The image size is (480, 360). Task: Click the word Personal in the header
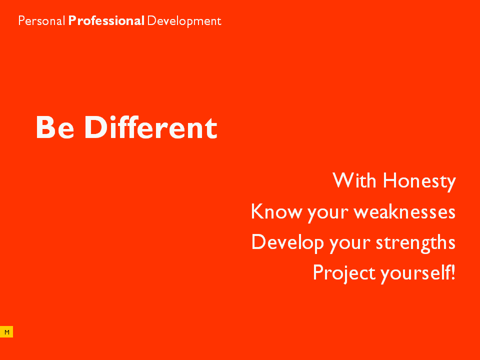click(x=41, y=21)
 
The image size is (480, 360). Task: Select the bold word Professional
click(x=106, y=21)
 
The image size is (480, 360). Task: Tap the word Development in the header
click(x=184, y=21)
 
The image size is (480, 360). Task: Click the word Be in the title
click(x=55, y=127)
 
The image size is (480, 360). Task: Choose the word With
click(x=354, y=180)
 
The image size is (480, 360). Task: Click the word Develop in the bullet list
click(x=287, y=243)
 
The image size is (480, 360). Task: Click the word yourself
click(x=415, y=273)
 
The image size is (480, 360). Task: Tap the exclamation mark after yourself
click(x=453, y=272)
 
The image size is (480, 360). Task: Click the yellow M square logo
click(x=6, y=332)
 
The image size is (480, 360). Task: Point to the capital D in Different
click(x=96, y=127)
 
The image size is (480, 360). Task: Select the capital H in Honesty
click(x=390, y=180)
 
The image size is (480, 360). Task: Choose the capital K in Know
click(x=258, y=211)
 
